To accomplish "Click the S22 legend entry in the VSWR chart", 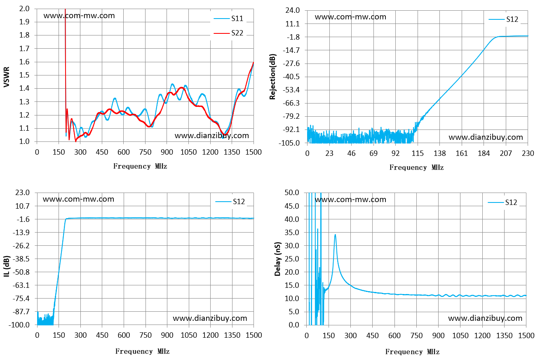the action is click(228, 33).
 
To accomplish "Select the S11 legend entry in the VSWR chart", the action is click(228, 19).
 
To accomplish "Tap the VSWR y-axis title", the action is click(7, 77).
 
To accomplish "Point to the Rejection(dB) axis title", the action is click(272, 77).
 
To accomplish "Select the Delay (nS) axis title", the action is click(278, 259).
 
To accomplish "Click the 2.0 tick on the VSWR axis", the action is click(24, 9).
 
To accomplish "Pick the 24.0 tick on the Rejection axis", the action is click(292, 10).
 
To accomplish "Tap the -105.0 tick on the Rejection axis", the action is click(289, 143).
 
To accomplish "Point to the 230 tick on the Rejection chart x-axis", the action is click(528, 153).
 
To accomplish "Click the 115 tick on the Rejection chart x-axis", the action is click(418, 153).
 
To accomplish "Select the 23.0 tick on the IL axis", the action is click(22, 193).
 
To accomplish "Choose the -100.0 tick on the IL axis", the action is click(19, 325).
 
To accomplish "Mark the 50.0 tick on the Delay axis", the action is click(292, 193).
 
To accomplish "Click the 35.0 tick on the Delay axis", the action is click(292, 232).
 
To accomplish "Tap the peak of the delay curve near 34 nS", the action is click(335, 234).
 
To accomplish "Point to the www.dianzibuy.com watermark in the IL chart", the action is click(210, 318).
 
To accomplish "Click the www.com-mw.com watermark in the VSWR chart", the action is click(79, 16).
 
